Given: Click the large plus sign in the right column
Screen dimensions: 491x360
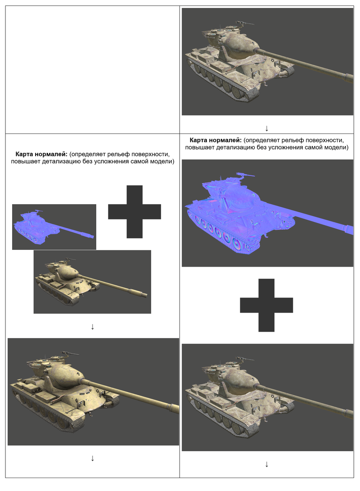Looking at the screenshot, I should (x=266, y=305).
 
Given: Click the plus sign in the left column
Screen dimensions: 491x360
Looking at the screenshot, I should (x=134, y=212).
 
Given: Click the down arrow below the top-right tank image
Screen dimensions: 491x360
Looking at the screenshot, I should (x=267, y=128).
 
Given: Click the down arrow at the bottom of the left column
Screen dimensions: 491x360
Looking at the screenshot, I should (x=93, y=458).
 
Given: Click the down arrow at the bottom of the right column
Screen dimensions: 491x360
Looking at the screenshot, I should (x=267, y=464).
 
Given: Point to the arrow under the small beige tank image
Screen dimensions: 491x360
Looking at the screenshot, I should (x=93, y=326).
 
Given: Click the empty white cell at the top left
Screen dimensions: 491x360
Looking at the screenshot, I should (x=93, y=69).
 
